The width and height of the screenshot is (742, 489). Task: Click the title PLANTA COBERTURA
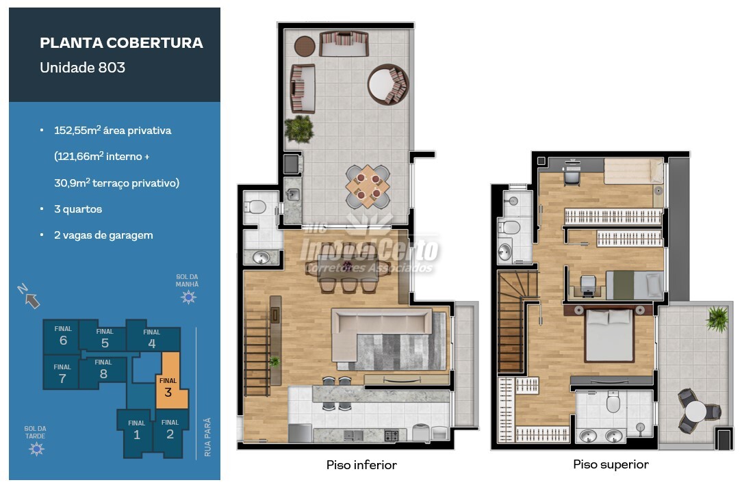[x=122, y=43]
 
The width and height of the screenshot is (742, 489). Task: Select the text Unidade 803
[x=82, y=68]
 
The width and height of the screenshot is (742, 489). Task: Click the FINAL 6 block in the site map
[x=62, y=335]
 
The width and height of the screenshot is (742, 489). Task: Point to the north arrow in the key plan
[x=29, y=296]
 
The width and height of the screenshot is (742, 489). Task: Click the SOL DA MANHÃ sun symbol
[x=188, y=297]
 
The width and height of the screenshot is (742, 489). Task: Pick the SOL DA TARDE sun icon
[x=36, y=449]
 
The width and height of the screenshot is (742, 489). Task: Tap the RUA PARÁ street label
[x=207, y=437]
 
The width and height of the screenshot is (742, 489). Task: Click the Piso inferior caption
[x=361, y=465]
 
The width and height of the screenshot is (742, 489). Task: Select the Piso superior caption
[x=611, y=464]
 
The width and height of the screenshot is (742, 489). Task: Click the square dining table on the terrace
[x=368, y=186]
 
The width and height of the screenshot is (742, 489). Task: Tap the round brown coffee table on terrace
[x=305, y=47]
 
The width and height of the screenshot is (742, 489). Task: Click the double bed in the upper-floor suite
[x=609, y=334]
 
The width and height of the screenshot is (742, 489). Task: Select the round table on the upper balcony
[x=695, y=412]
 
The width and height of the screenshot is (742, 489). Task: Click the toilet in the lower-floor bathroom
[x=255, y=207]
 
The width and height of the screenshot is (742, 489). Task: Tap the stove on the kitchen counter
[x=392, y=435]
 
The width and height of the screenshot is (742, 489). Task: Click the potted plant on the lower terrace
[x=299, y=129]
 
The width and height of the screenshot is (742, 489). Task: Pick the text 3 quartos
[x=78, y=209]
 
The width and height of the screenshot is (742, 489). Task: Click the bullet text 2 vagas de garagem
[x=103, y=235]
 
